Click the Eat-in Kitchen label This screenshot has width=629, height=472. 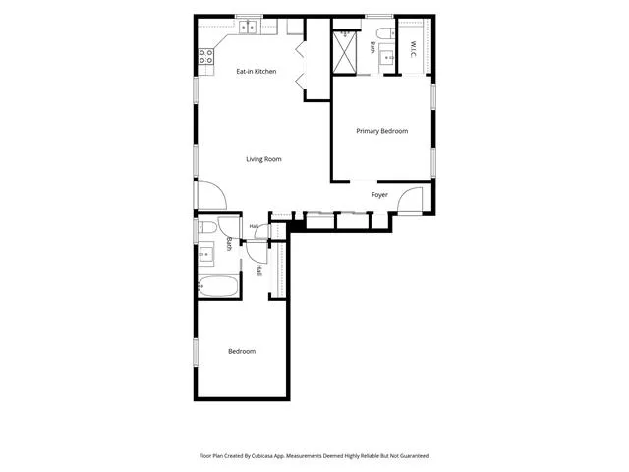click(x=256, y=72)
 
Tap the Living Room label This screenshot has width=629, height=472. click(x=263, y=159)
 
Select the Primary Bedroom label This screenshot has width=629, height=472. click(x=382, y=131)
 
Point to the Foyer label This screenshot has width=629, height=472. click(x=379, y=195)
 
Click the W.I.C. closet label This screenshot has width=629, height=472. click(x=413, y=49)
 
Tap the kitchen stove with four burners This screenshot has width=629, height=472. click(x=206, y=56)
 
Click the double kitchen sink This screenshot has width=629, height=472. click(x=248, y=28)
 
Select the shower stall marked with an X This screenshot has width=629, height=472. click(x=345, y=53)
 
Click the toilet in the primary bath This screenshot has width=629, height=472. click(x=386, y=32)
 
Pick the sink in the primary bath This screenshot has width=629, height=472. click(x=387, y=58)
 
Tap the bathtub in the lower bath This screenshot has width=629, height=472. click(x=218, y=286)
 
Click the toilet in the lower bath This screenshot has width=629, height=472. click(x=207, y=227)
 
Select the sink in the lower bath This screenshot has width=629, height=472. click(x=206, y=254)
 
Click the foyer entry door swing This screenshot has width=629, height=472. click(x=410, y=200)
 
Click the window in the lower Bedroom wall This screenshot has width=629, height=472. click(x=196, y=352)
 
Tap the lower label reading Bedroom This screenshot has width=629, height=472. click(x=242, y=352)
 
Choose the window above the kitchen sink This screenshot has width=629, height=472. click(x=249, y=16)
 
